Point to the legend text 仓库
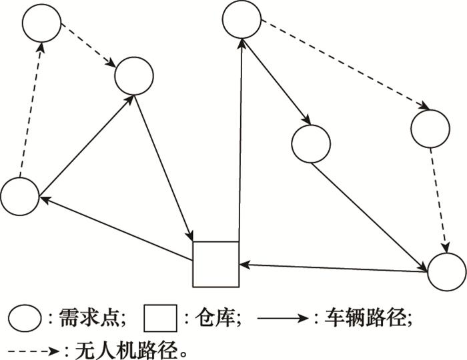(x=215, y=318)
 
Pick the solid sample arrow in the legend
(x=283, y=319)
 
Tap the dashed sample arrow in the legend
(x=33, y=351)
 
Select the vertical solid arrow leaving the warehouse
(x=240, y=140)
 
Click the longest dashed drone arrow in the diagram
(x=346, y=64)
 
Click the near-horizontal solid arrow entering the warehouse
(x=334, y=268)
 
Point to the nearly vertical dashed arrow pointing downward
(x=439, y=200)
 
